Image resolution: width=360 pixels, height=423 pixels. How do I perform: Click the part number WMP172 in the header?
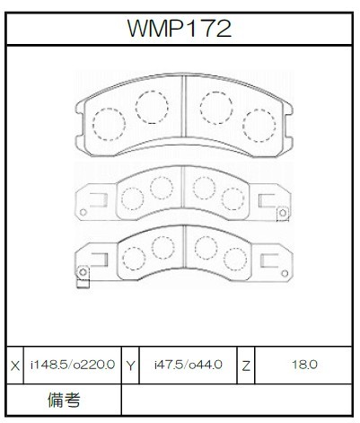click(180, 29)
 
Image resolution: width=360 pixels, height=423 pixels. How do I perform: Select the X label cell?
click(15, 366)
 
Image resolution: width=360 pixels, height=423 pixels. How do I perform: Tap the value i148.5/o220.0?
click(73, 365)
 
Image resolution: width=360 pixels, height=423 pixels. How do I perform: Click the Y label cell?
click(130, 366)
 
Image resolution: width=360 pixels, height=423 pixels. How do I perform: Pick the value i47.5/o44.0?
click(189, 365)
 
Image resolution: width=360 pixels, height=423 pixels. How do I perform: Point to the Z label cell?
click(246, 366)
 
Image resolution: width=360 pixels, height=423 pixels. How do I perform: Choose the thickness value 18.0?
click(304, 365)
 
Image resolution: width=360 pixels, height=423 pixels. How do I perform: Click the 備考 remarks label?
click(64, 400)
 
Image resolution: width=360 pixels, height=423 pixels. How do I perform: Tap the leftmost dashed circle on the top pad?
click(109, 124)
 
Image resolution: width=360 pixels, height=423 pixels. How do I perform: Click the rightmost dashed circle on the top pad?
click(259, 126)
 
